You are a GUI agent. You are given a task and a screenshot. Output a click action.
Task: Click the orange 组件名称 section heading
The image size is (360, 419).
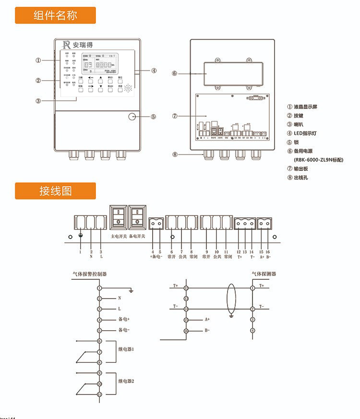tap(55, 15)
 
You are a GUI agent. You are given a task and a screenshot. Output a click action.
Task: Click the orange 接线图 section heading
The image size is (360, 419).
tap(55, 191)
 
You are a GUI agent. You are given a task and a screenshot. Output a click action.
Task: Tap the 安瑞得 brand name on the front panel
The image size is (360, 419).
tap(83, 45)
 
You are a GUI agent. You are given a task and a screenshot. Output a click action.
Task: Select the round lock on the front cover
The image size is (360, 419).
tap(132, 116)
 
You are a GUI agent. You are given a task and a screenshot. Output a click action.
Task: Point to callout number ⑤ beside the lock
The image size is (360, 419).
tap(153, 116)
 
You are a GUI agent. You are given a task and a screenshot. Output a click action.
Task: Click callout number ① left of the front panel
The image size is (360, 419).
tap(38, 60)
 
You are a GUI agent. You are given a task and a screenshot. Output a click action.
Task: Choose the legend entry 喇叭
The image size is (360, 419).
tap(299, 124)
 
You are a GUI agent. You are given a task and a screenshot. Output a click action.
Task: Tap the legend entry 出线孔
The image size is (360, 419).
tap(302, 178)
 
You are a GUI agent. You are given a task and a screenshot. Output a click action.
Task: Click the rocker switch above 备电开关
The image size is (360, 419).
tap(137, 217)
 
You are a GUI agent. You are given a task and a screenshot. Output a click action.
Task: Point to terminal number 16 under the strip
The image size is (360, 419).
tap(268, 252)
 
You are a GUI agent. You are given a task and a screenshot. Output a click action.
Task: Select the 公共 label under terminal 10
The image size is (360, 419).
tap(216, 257)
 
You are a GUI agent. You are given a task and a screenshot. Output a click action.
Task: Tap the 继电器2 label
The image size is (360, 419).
tap(126, 381)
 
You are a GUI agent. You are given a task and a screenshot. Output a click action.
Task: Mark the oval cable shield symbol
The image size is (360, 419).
tap(231, 298)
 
